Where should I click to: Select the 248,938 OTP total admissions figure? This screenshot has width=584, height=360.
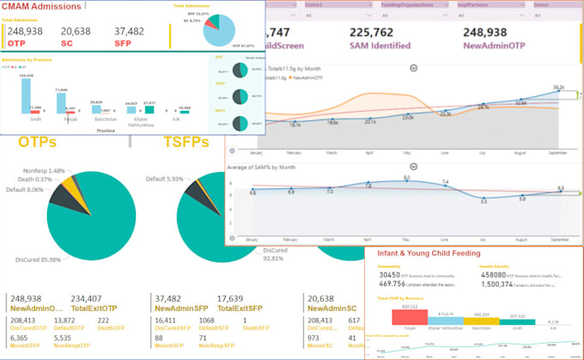[x=27, y=31]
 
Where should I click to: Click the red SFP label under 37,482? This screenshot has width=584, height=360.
[x=125, y=42]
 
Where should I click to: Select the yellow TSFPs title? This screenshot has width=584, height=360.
[x=190, y=141]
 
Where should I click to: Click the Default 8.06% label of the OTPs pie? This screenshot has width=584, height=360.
[x=24, y=188]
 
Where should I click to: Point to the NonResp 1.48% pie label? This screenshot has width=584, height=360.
[x=45, y=169]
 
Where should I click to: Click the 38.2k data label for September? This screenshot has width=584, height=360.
[x=558, y=88]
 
